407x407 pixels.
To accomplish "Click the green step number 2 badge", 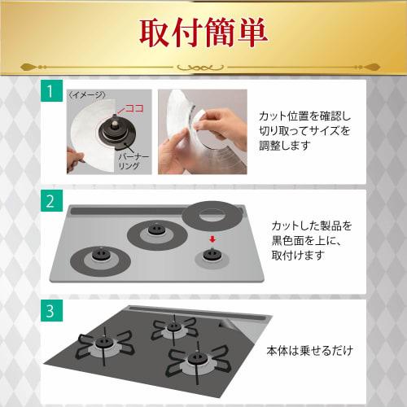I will tap(51, 200).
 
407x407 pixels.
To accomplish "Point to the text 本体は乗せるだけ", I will tap(309, 352).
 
